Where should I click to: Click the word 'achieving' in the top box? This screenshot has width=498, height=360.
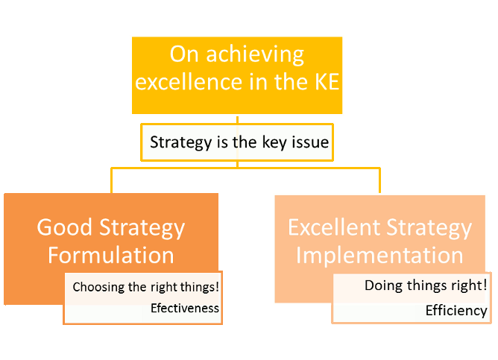[255, 55]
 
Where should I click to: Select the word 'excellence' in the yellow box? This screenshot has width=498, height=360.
[189, 82]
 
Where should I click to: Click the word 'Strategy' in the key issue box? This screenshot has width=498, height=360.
[180, 142]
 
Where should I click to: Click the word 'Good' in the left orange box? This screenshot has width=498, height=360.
[64, 227]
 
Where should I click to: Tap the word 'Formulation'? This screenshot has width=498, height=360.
[111, 255]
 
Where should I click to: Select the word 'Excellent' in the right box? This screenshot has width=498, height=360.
[334, 227]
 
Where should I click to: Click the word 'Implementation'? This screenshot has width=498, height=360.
[379, 255]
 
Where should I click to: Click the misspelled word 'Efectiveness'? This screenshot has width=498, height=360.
[185, 309]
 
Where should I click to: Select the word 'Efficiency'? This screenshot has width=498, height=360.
[456, 311]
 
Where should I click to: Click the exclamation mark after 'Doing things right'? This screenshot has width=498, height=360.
[485, 285]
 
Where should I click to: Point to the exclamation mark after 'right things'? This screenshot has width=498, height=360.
[217, 286]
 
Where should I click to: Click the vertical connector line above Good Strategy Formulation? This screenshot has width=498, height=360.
[112, 180]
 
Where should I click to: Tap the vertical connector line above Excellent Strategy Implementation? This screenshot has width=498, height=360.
[379, 180]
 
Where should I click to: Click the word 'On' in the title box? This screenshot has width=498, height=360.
[184, 54]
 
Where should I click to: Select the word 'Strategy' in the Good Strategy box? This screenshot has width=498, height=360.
[142, 228]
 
